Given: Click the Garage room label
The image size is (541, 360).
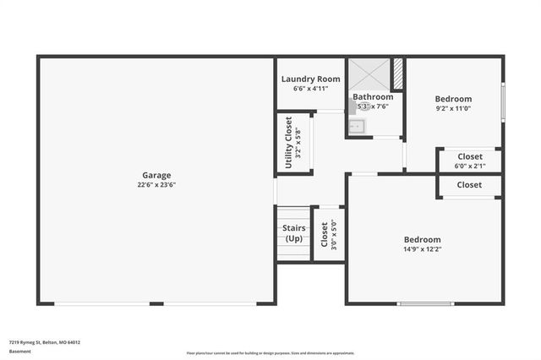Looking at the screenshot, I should [x=156, y=175].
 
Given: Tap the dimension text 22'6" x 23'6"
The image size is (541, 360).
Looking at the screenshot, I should [x=156, y=184].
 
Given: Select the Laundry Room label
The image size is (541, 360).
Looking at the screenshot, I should [x=310, y=79].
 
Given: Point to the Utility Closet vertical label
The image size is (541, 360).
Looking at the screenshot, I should [x=288, y=142].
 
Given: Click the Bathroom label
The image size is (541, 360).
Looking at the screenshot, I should [x=373, y=97].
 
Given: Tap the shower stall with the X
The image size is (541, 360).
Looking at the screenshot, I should [x=369, y=74].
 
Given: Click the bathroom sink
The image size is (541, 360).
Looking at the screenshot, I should [x=356, y=127].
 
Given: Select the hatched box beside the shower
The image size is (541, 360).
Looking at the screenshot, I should [x=398, y=74].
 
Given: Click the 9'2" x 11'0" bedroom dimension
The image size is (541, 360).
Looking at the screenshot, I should [x=453, y=108].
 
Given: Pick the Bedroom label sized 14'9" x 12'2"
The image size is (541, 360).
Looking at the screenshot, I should [x=422, y=239].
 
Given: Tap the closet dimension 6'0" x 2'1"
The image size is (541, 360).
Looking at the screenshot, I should [x=470, y=166].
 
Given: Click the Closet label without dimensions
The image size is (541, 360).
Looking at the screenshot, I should [x=469, y=184].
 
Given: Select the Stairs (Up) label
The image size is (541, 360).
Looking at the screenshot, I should [x=293, y=233].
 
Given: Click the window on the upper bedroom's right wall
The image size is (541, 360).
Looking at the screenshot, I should [x=502, y=101].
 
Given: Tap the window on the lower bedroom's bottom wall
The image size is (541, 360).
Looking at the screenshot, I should [x=425, y=303].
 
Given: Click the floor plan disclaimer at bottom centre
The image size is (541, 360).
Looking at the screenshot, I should [x=270, y=352].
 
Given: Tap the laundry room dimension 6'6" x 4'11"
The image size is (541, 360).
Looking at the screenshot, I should [x=310, y=88].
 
